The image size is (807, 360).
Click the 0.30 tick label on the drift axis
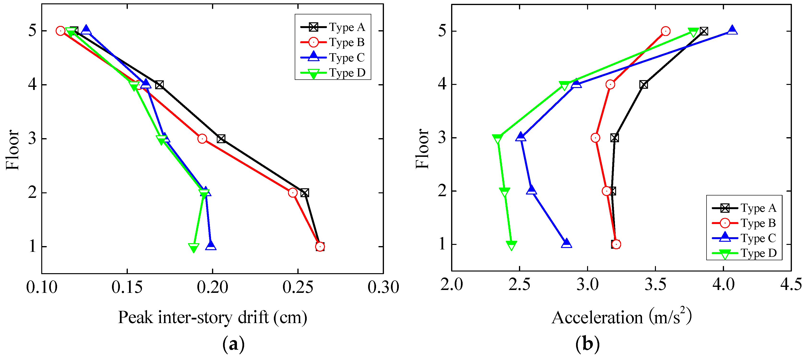point(383,287)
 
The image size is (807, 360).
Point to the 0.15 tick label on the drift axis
point(127,287)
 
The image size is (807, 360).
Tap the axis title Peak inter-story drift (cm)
point(212,317)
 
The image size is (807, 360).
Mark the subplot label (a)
point(233,344)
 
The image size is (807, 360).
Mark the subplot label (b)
point(587,344)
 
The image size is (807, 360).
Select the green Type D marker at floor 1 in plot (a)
point(194,248)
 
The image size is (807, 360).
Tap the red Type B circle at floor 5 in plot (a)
point(60,31)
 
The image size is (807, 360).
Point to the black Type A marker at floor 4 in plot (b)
point(643,85)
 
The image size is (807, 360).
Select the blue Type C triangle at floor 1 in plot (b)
point(566,243)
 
